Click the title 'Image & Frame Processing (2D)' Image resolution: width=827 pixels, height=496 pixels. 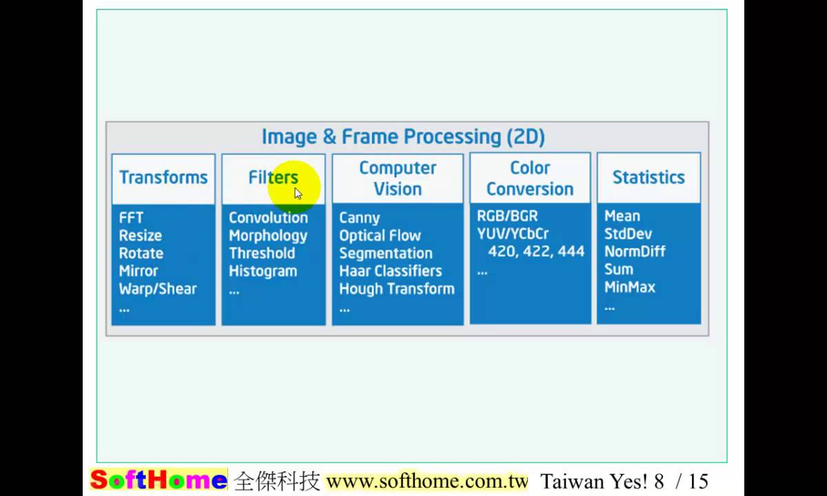point(403,136)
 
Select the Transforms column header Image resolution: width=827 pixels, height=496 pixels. point(163,177)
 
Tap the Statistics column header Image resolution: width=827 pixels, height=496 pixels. point(649,177)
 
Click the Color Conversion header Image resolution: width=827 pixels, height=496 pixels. point(530,178)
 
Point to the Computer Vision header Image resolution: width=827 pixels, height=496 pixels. point(398,178)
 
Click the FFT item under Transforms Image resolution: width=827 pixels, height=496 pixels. point(131,218)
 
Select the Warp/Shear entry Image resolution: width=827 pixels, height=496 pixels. point(158,289)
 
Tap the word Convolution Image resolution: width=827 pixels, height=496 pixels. point(268,218)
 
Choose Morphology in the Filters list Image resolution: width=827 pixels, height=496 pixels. point(268,236)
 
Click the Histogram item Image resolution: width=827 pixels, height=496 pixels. point(263,271)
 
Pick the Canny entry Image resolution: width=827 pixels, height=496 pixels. point(359,218)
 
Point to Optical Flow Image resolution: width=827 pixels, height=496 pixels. point(380,236)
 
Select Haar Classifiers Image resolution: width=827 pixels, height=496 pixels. point(390,271)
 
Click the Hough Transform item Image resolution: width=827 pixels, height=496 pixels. point(396,289)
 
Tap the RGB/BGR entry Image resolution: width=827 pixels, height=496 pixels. point(507,216)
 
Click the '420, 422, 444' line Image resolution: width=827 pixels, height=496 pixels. point(536,251)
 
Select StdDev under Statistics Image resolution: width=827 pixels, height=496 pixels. point(628,234)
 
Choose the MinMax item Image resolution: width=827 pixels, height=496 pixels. point(629,287)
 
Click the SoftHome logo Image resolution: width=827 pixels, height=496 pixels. point(159,480)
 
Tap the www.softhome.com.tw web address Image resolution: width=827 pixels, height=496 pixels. point(427,480)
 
